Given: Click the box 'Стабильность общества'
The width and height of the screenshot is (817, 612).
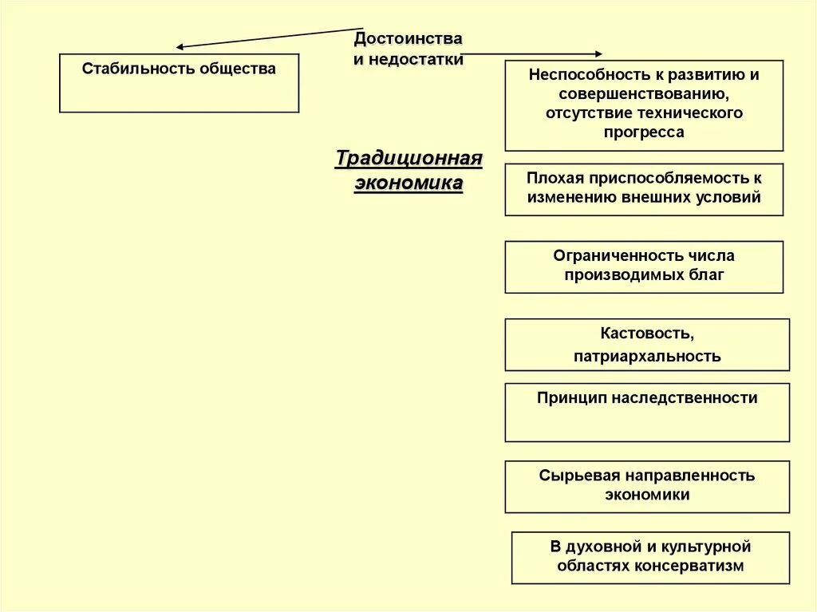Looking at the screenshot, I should [x=179, y=83].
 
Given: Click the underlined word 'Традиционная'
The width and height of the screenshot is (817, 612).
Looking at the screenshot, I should [x=408, y=158].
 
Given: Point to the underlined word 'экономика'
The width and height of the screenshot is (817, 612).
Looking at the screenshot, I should [x=408, y=184].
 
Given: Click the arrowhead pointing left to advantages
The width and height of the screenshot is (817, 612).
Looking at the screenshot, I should [x=180, y=48].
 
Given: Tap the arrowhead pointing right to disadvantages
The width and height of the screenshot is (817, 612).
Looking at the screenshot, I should [x=598, y=54].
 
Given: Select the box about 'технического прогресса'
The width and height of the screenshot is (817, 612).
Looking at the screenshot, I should [x=644, y=105].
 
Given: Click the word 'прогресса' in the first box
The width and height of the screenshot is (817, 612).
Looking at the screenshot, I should [x=644, y=132].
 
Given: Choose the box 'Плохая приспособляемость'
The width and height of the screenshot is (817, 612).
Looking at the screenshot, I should [x=644, y=189].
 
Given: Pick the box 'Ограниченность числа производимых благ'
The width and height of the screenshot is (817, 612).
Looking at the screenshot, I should [x=644, y=267].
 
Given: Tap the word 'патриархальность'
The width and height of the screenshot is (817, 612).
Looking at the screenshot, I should [x=647, y=357].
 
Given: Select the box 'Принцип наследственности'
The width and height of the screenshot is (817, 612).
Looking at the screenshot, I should [x=647, y=412].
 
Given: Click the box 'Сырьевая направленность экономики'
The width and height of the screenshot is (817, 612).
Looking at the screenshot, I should [x=647, y=486].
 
